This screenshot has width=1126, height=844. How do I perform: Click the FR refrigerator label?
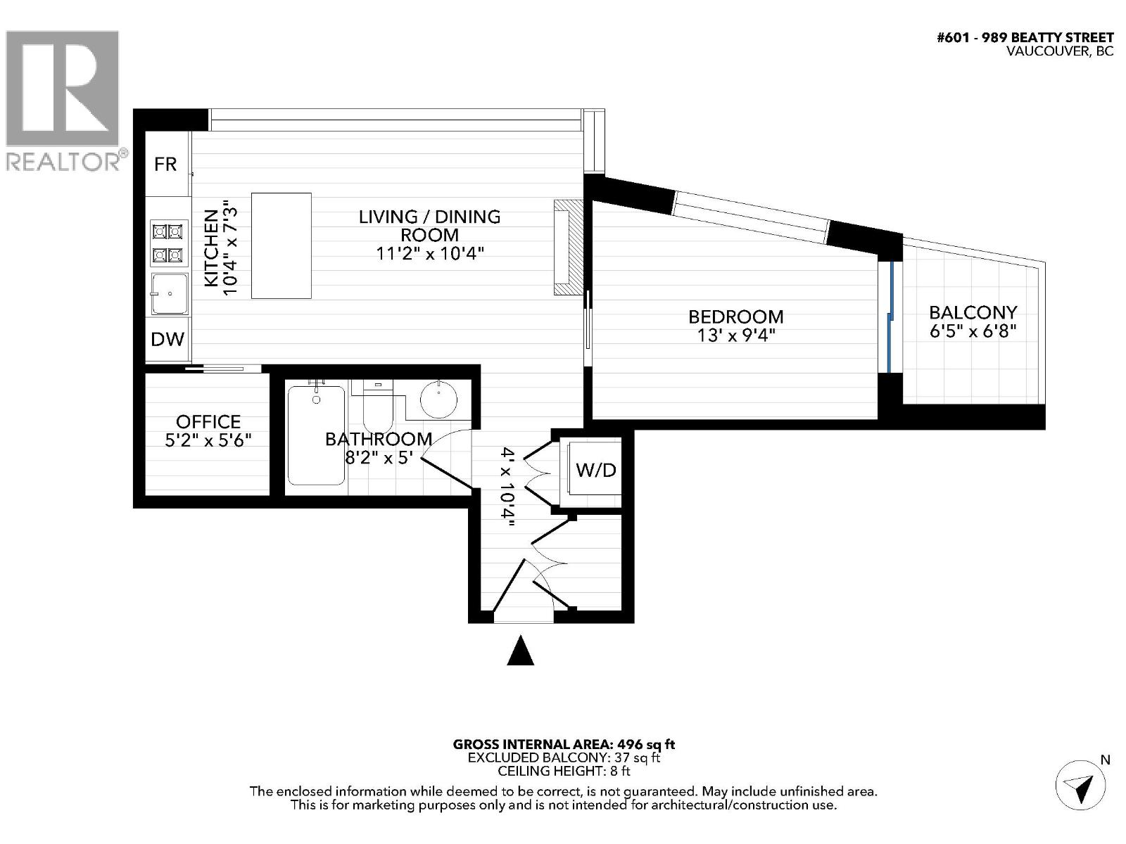click(165, 165)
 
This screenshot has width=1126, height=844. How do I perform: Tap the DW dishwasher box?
click(167, 340)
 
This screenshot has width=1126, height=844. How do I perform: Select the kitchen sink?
click(170, 294)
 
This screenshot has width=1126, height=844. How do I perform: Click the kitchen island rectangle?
click(281, 245)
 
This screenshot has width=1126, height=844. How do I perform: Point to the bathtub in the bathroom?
click(316, 434)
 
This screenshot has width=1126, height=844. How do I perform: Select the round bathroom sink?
click(438, 399)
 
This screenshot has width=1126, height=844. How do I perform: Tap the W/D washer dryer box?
click(595, 470)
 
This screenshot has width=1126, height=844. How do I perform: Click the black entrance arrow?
click(521, 651)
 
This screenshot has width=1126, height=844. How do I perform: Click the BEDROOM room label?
click(735, 316)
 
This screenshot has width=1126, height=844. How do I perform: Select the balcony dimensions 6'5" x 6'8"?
click(973, 331)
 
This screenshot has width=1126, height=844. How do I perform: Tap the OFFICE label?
click(208, 421)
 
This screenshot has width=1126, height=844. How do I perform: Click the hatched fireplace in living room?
click(568, 247)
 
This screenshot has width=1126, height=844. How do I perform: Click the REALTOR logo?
click(63, 98)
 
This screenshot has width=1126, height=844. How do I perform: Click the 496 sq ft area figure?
click(646, 744)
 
